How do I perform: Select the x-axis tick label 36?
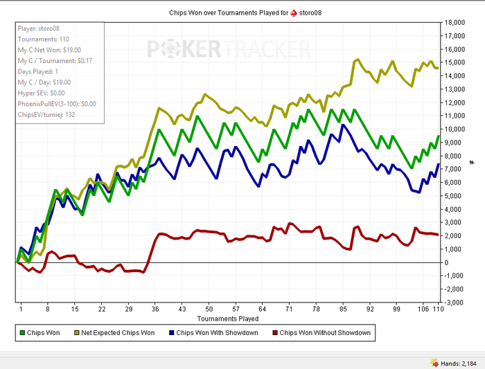point(156,309)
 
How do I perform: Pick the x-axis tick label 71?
point(289,309)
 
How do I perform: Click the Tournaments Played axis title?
point(228,318)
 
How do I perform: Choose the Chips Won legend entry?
point(42,333)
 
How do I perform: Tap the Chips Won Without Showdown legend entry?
point(324,333)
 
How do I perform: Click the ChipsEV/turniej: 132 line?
point(46,114)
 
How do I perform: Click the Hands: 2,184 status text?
point(457,362)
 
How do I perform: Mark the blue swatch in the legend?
point(171,333)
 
